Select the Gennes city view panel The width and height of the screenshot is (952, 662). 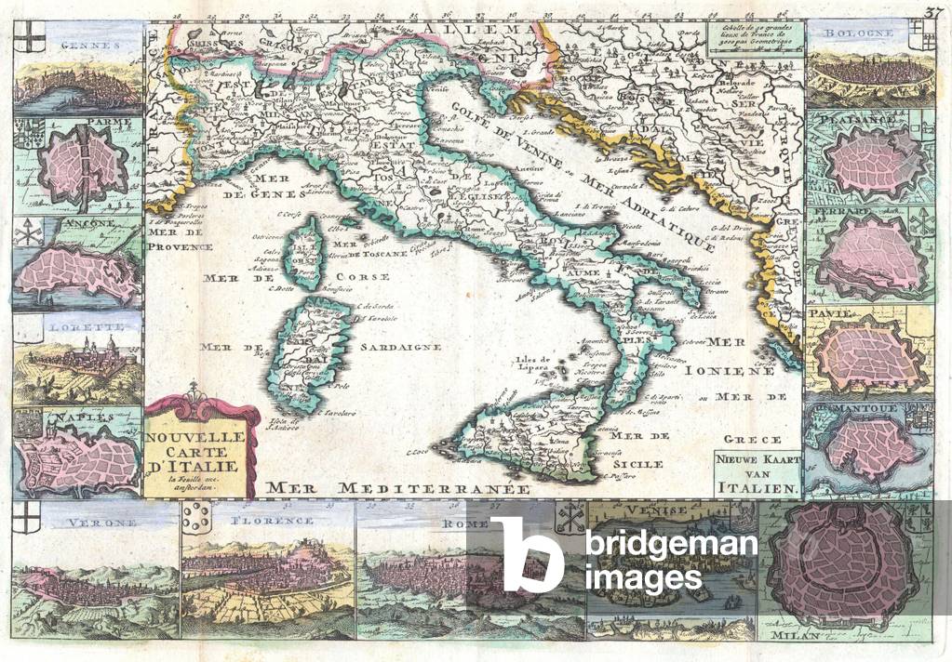78,74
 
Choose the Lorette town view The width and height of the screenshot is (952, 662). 78,358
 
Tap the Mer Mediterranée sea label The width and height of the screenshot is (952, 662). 396,486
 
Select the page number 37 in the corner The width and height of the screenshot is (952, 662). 933,12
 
